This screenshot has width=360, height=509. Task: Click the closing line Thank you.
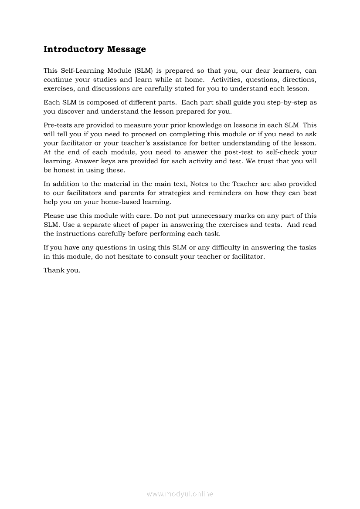coord(62,270)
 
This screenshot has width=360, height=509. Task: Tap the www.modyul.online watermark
coord(180,494)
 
